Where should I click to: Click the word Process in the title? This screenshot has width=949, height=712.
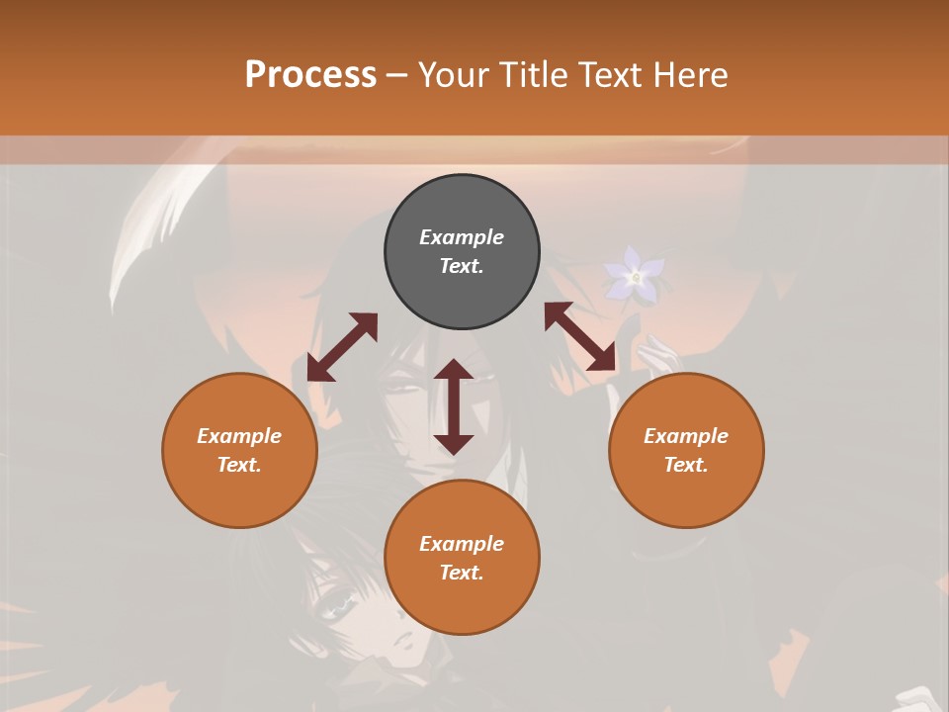click(x=310, y=74)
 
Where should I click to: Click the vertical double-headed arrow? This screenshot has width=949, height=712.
click(x=454, y=406)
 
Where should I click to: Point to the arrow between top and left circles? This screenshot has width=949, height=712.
click(x=342, y=347)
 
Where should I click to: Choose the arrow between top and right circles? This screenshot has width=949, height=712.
click(x=580, y=336)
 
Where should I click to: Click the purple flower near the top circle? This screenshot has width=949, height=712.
click(x=635, y=275)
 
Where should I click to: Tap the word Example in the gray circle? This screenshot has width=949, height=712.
click(x=462, y=237)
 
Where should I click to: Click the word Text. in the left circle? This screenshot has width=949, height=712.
click(x=239, y=465)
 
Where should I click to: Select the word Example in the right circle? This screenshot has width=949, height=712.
click(x=686, y=436)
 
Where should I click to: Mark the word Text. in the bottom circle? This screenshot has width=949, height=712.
click(x=462, y=573)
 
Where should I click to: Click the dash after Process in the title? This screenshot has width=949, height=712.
click(x=396, y=75)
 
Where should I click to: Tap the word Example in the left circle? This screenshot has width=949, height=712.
click(x=239, y=436)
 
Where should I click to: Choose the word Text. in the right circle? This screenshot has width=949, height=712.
click(x=686, y=465)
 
